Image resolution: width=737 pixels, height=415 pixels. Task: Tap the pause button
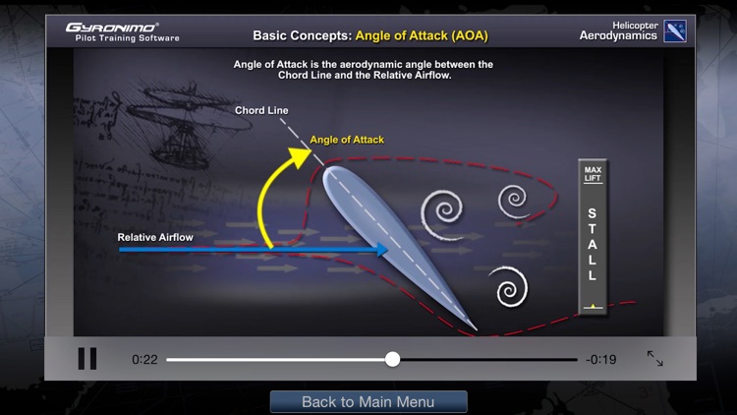pyautogui.click(x=87, y=359)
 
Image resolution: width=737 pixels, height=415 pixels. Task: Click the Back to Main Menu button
pyautogui.click(x=368, y=401)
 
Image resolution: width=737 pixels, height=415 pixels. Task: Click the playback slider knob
pyautogui.click(x=392, y=359)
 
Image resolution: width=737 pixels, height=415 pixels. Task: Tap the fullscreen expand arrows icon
pyautogui.click(x=654, y=359)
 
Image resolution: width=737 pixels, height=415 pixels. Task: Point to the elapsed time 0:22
pyautogui.click(x=144, y=360)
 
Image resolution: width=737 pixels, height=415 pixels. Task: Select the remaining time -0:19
pyautogui.click(x=600, y=360)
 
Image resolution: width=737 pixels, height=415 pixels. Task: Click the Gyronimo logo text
pyautogui.click(x=112, y=27)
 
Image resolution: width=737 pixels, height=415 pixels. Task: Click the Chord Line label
pyautogui.click(x=261, y=110)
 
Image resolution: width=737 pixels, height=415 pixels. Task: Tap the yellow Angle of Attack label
pyautogui.click(x=347, y=140)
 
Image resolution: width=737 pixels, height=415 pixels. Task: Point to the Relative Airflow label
pyautogui.click(x=155, y=237)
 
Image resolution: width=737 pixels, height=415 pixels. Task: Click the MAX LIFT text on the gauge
pyautogui.click(x=592, y=174)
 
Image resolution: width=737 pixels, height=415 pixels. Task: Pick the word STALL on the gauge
pyautogui.click(x=592, y=244)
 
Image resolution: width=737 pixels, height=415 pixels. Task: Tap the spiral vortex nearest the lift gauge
pyautogui.click(x=514, y=201)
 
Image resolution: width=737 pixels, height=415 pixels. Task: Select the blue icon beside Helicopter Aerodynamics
pyautogui.click(x=675, y=30)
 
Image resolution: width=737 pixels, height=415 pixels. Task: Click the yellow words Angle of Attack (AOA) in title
pyautogui.click(x=422, y=36)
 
